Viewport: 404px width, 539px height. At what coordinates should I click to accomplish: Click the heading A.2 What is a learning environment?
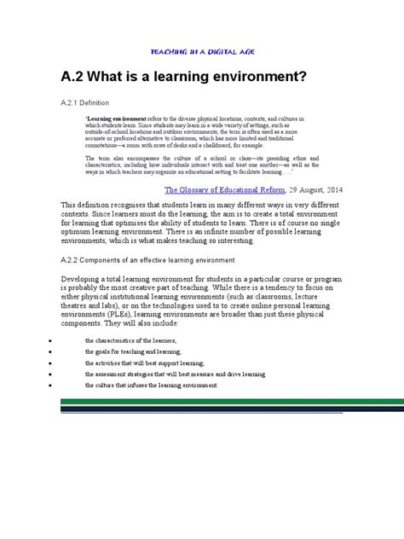(x=183, y=78)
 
